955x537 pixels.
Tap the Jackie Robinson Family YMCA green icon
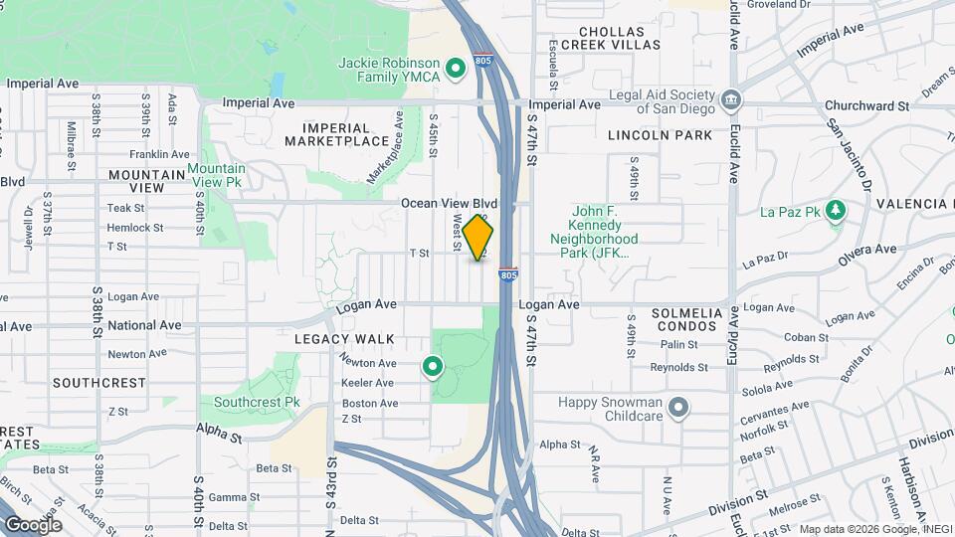tap(456, 69)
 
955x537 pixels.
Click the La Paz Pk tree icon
tap(837, 211)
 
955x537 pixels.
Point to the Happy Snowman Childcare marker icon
tap(678, 408)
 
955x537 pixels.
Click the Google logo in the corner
tap(33, 524)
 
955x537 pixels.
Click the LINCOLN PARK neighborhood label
tap(661, 135)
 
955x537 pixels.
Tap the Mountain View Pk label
tap(217, 176)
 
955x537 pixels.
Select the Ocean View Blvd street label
tap(449, 203)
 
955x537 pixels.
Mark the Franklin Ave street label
tap(159, 155)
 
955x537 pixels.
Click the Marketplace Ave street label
tap(384, 147)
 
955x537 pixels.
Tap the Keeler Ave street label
tap(368, 383)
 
